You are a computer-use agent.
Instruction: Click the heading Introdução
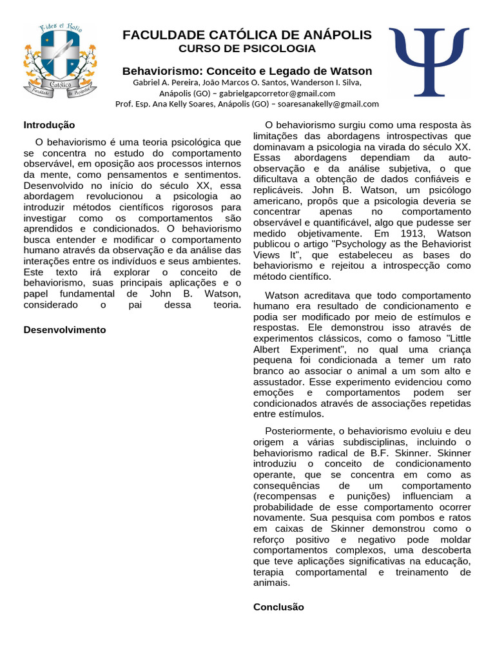[49, 125]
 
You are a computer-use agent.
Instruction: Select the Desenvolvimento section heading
[64, 329]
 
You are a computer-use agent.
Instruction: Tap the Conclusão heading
[278, 607]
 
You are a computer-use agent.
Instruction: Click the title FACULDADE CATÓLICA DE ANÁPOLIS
[247, 35]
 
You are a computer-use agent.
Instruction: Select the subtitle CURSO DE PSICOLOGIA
[247, 49]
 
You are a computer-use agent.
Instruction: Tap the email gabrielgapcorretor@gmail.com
[274, 93]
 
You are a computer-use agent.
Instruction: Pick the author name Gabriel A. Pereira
[162, 82]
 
